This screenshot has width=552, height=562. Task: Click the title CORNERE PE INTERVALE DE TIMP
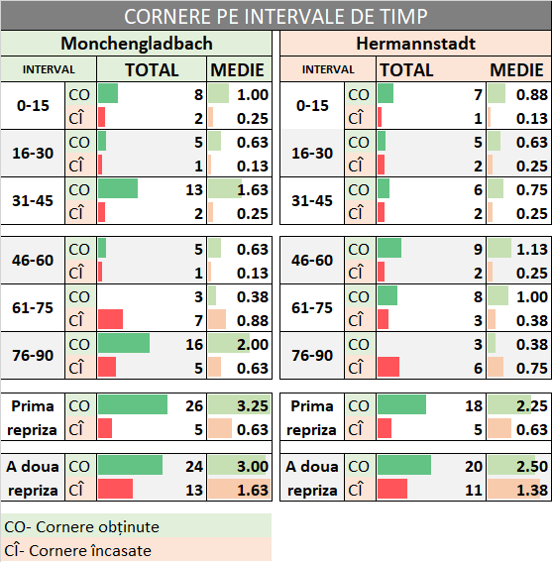point(276,17)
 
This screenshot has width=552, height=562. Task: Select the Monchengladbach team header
point(137,44)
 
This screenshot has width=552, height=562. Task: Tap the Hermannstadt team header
point(414,44)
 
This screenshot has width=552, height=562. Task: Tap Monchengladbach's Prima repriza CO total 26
point(193,405)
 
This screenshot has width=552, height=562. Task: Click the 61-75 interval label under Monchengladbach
point(33,307)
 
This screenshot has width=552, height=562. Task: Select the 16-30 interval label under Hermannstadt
point(312,154)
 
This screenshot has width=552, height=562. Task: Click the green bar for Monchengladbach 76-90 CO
point(124,343)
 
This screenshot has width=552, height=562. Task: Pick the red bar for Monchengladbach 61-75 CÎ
point(110,319)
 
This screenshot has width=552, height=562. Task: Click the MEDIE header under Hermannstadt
point(516,70)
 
